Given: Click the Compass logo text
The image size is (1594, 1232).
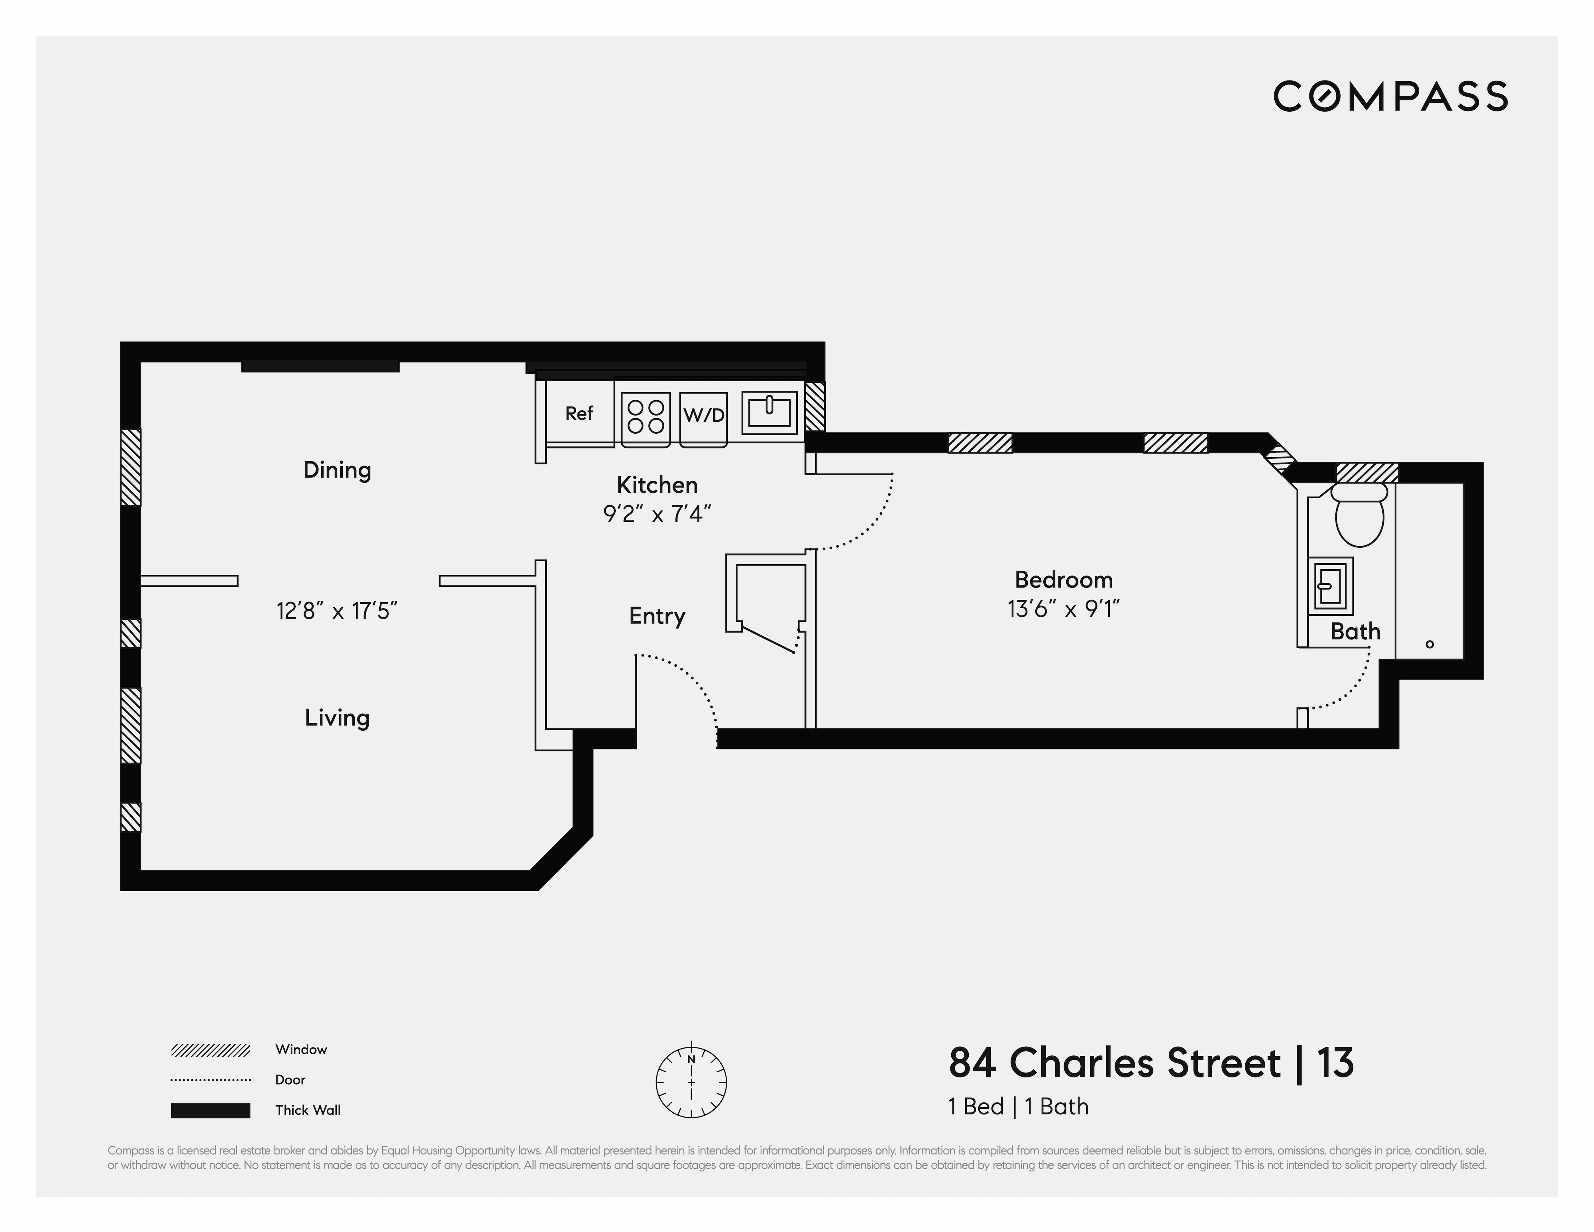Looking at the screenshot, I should click(1390, 96).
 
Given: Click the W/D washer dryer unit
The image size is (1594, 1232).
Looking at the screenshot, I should click(704, 416).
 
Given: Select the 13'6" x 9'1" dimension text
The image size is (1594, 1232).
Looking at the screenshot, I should click(1063, 609).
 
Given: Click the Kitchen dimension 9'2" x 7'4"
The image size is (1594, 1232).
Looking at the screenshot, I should click(657, 515).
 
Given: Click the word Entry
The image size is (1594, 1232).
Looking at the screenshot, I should click(657, 616).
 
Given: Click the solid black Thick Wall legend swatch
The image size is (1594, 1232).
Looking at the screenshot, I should click(210, 1110).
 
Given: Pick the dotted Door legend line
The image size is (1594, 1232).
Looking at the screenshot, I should click(210, 1080).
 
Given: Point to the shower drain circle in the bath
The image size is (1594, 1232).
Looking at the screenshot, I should click(1430, 644).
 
